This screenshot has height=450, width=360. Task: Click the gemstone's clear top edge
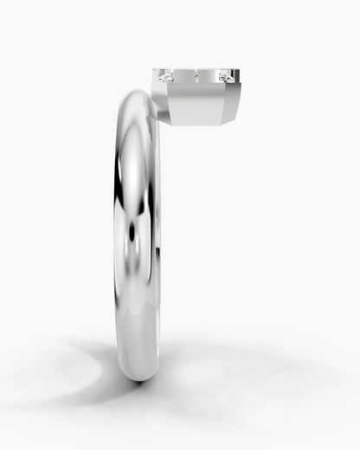(196, 70)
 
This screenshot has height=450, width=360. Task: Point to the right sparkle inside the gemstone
(226, 78)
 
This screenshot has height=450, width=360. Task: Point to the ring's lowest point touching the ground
(138, 382)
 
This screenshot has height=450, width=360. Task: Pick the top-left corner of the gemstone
(154, 70)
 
